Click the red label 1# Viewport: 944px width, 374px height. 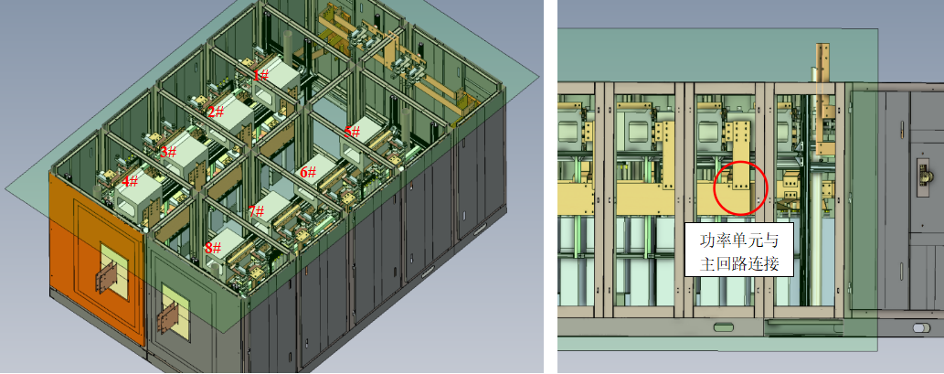click(x=260, y=75)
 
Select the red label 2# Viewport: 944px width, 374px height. click(x=216, y=112)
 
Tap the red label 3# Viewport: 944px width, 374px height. click(x=168, y=151)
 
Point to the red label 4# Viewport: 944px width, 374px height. click(x=130, y=181)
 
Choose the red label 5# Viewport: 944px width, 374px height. click(x=352, y=132)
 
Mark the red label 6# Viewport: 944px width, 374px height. click(x=308, y=172)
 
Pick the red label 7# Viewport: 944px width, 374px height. click(x=256, y=211)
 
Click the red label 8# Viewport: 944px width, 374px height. click(x=212, y=248)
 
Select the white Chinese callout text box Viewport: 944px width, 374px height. click(x=738, y=250)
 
